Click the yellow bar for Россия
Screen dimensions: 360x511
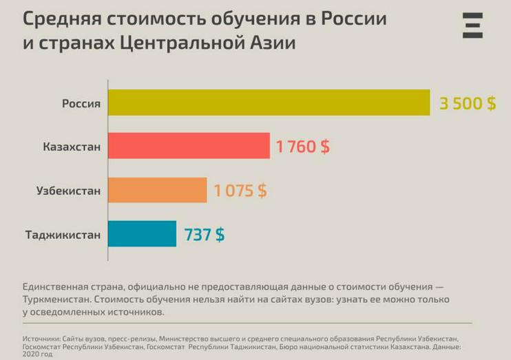click(269, 103)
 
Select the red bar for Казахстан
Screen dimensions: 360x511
click(189, 146)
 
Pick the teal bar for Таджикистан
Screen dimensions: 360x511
click(142, 234)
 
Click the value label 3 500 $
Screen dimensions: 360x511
click(468, 103)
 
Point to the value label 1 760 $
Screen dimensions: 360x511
click(302, 147)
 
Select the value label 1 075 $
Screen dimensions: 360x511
click(240, 191)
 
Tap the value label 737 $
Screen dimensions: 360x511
click(204, 235)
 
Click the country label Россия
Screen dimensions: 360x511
click(81, 103)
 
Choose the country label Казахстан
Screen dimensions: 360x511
click(72, 147)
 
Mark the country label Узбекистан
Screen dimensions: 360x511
click(68, 191)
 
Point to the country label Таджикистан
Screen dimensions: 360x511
click(63, 235)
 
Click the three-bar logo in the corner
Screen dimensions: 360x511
click(472, 25)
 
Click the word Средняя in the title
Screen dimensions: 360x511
click(56, 19)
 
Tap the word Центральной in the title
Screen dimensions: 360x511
click(177, 43)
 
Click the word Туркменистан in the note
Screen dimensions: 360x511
click(55, 299)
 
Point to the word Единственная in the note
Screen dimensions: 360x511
click(58, 286)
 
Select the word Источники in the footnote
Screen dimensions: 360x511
click(41, 339)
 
